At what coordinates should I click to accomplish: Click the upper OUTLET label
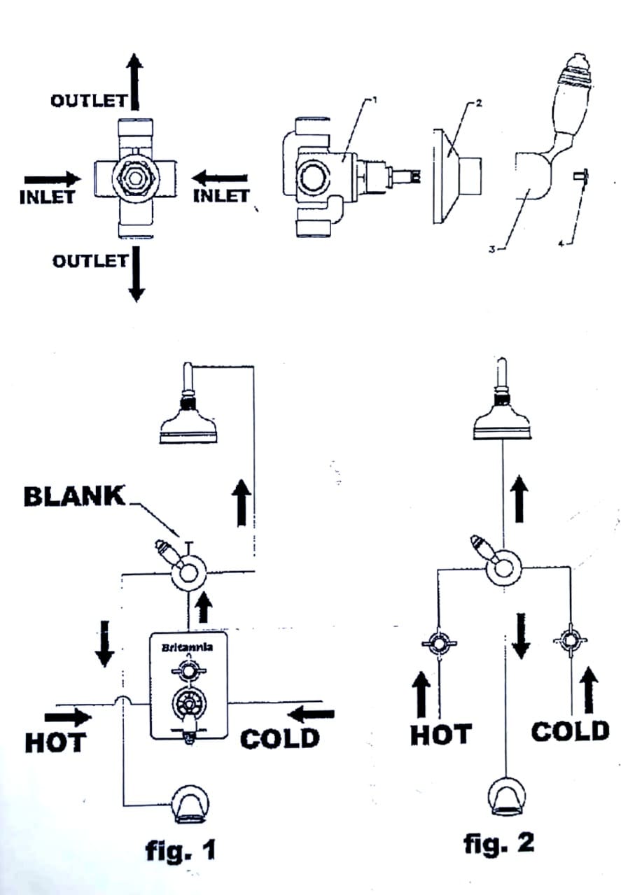pos(88,100)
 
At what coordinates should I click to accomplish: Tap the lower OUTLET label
pos(90,260)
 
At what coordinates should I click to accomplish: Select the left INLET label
pos(47,197)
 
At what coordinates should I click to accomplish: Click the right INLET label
pos(220,195)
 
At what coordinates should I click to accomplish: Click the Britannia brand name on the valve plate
pos(188,647)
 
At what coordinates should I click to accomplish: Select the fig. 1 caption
pos(181,850)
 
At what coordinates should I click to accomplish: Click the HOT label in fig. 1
pos(55,742)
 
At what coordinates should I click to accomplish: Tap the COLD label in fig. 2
pos(570,732)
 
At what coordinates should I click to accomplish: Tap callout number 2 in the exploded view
pos(479,103)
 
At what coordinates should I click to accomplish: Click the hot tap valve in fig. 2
pos(438,643)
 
